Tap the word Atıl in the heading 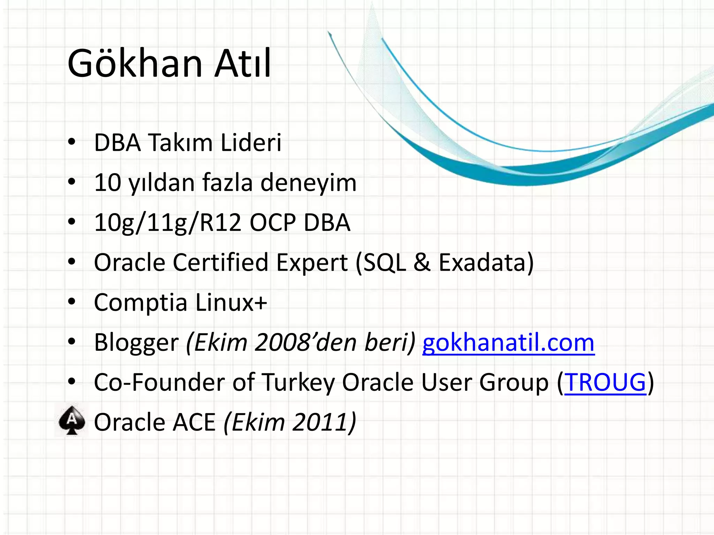point(243,64)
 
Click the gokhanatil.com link point(508,343)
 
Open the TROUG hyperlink point(605,382)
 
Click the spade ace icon point(72,420)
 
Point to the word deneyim point(309,183)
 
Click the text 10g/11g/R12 point(168,223)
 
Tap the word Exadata point(486,263)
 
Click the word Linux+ point(231,303)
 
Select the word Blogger point(136,343)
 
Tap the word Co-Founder point(160,382)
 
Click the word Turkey point(298,382)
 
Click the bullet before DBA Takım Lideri point(72,142)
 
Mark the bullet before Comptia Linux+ point(72,302)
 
